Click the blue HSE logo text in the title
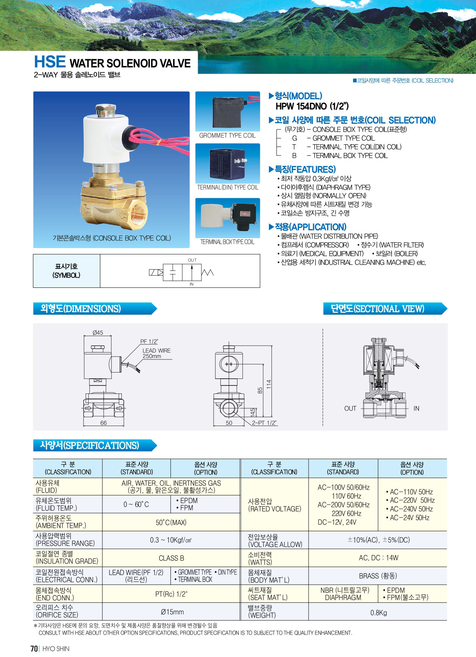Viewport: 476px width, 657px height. [x=50, y=62]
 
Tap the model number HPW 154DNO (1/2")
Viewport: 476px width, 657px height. [x=312, y=106]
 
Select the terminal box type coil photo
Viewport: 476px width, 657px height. [x=228, y=218]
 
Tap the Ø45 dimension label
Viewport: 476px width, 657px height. [x=98, y=332]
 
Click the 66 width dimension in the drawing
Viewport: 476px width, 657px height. [x=103, y=423]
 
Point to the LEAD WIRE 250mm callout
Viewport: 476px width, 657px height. [x=156, y=353]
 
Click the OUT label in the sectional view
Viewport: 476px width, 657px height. [x=350, y=409]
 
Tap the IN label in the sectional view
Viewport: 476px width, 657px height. [x=417, y=409]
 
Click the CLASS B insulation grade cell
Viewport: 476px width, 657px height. [x=171, y=558]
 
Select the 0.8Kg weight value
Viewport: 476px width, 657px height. [x=379, y=613]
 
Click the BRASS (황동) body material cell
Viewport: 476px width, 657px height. [x=378, y=576]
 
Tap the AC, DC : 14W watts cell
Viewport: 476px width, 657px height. [x=379, y=558]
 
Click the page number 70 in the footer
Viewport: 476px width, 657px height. [x=34, y=649]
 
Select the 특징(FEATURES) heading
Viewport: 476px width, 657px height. [x=302, y=169]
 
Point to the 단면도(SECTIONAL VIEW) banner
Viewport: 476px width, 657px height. [x=385, y=309]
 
